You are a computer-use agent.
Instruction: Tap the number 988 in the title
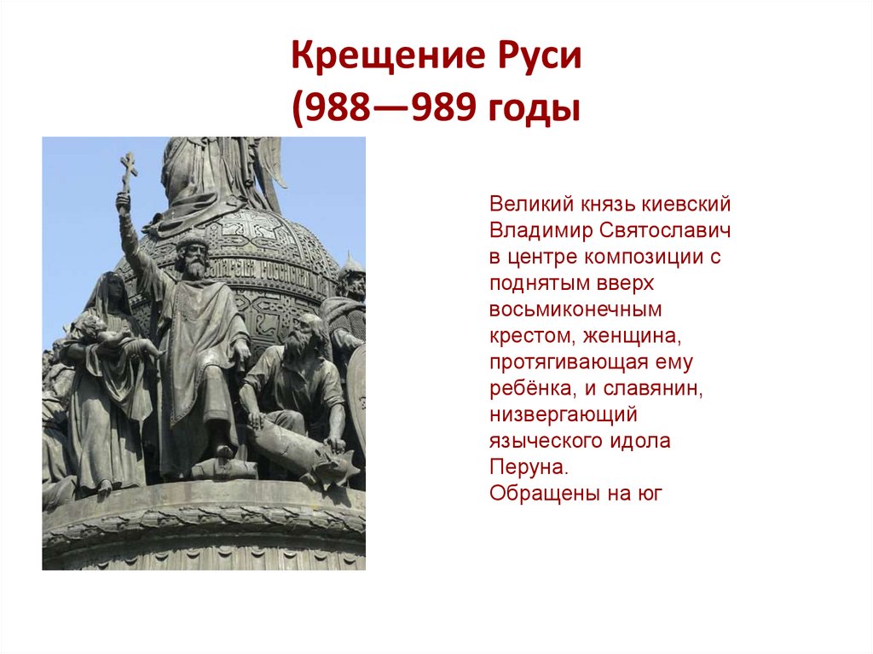[334, 110]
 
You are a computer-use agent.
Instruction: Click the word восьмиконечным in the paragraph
[575, 310]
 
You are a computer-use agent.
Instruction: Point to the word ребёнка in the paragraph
[526, 389]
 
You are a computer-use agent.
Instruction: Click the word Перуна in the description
[528, 468]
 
